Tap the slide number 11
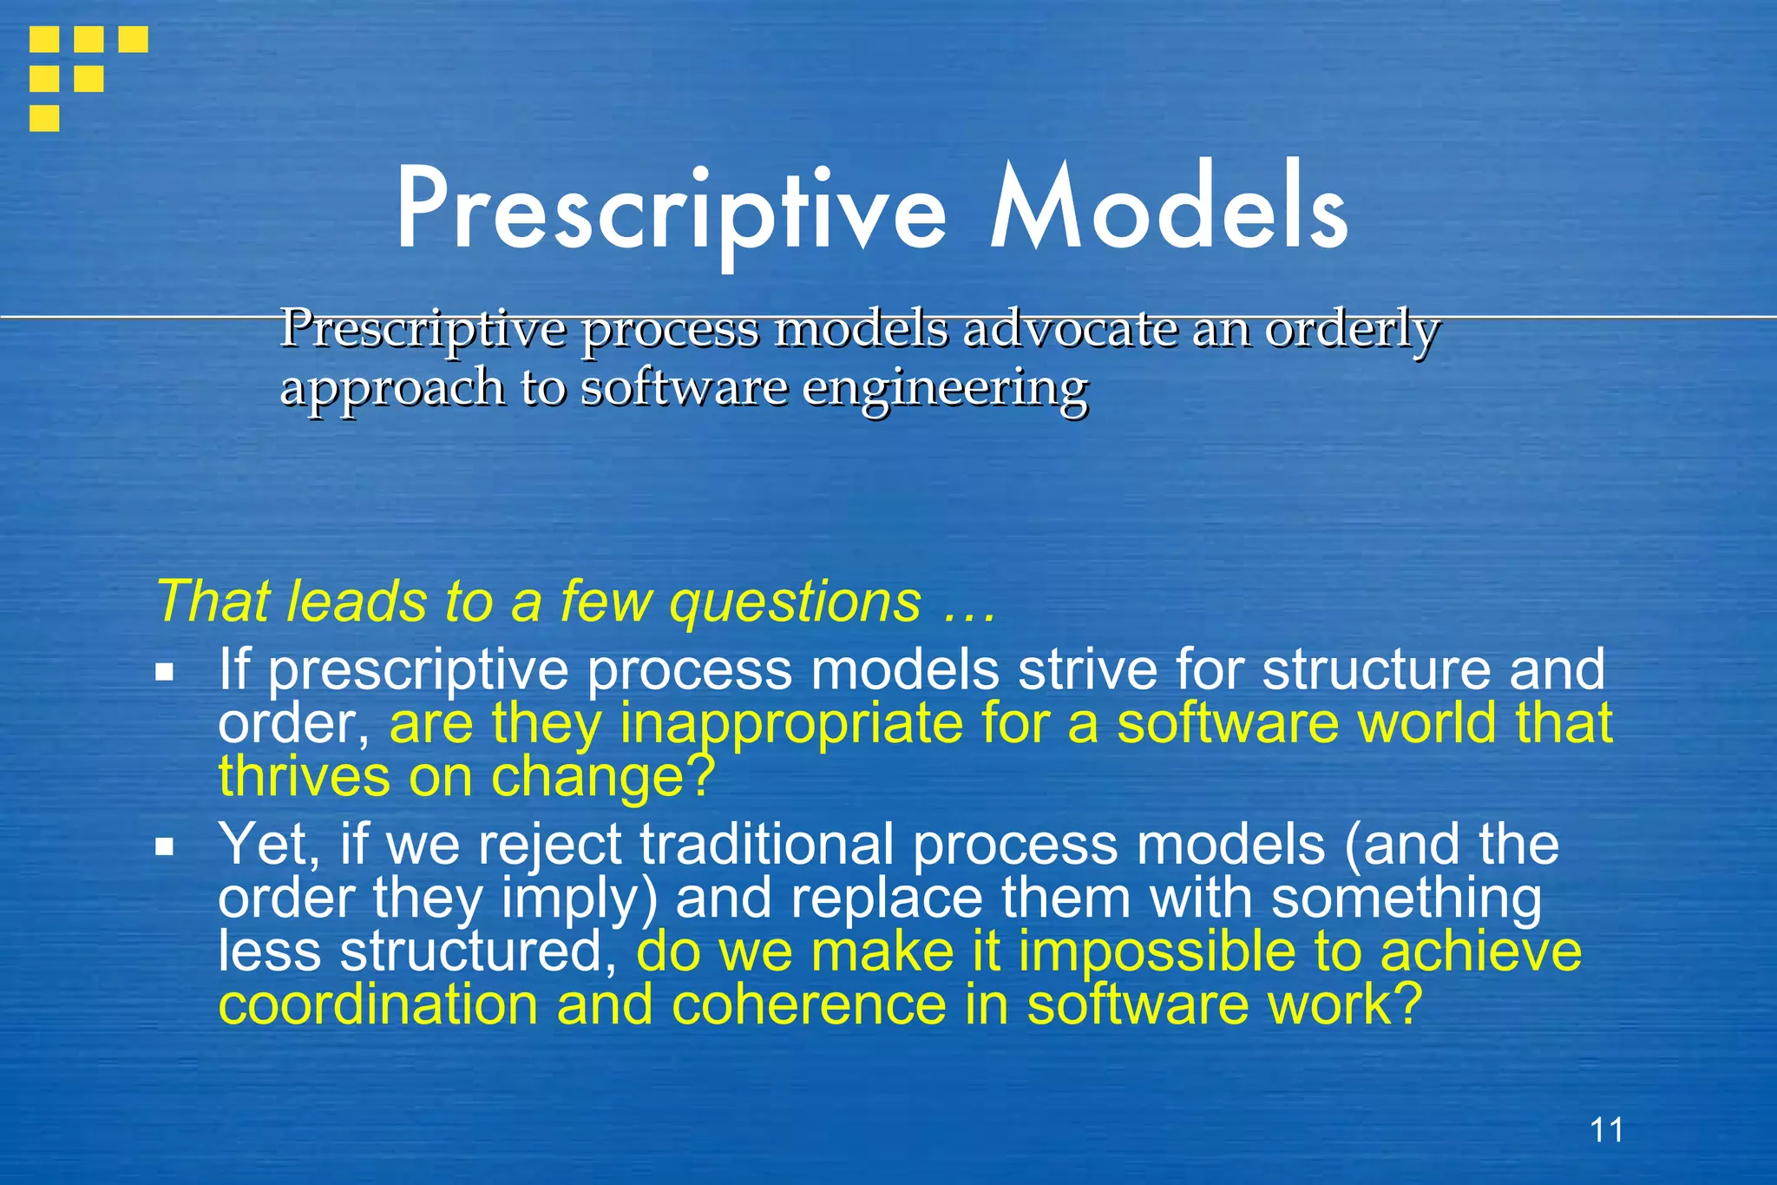pyautogui.click(x=1606, y=1130)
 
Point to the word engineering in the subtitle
pyautogui.click(x=945, y=388)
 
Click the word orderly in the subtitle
pyautogui.click(x=1352, y=331)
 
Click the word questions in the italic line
pyautogui.click(x=795, y=602)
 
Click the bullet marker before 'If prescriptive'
pyautogui.click(x=165, y=671)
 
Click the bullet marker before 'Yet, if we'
pyautogui.click(x=165, y=846)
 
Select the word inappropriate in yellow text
pyautogui.click(x=790, y=724)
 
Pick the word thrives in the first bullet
pyautogui.click(x=304, y=775)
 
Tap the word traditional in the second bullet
pyautogui.click(x=767, y=844)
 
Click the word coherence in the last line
pyautogui.click(x=809, y=1005)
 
